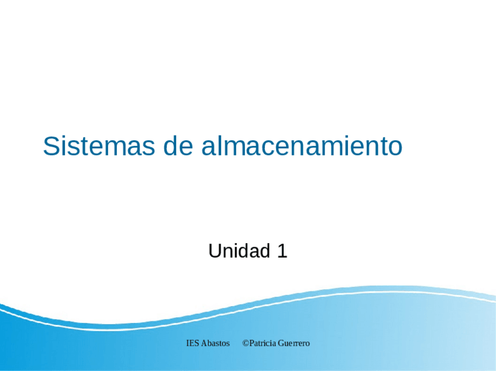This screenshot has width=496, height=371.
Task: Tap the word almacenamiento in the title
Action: click(302, 146)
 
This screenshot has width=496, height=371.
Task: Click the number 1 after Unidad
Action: click(282, 251)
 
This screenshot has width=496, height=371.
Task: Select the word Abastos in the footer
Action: click(216, 343)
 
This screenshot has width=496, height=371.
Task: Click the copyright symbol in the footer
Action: click(246, 343)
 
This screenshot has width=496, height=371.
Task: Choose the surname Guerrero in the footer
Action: click(294, 343)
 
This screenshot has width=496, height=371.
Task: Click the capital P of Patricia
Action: click(252, 343)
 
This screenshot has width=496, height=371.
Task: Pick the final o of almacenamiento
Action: click(395, 147)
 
